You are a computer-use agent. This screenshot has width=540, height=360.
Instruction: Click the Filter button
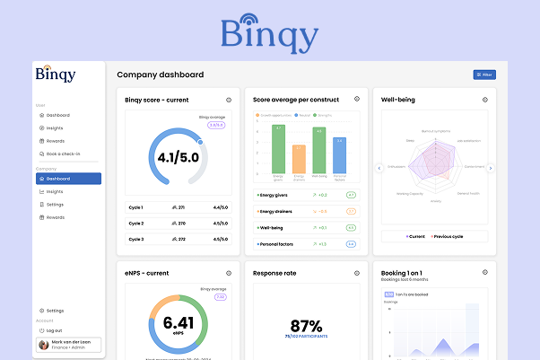click(484, 75)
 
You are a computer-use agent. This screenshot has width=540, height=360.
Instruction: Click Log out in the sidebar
click(54, 330)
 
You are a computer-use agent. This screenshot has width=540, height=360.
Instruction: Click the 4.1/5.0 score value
click(178, 159)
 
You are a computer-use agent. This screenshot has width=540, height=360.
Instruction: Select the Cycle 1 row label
click(135, 206)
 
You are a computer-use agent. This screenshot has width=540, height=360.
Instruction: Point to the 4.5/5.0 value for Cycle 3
click(221, 240)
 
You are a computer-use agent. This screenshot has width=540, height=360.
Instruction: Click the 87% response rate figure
click(307, 325)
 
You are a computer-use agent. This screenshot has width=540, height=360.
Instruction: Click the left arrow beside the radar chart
click(379, 167)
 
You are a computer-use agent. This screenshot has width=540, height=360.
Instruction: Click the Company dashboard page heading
click(160, 75)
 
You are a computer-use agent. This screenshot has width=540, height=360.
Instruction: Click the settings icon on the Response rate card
click(357, 273)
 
